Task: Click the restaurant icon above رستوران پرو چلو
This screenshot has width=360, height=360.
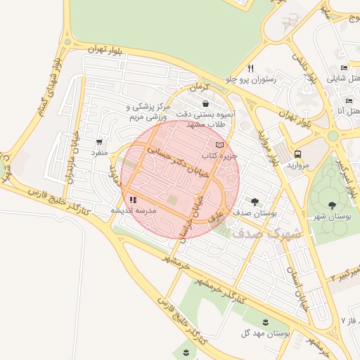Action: [x=250, y=68]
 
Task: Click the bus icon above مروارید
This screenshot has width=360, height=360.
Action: [x=297, y=154]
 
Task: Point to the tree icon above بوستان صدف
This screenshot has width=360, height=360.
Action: [x=255, y=200]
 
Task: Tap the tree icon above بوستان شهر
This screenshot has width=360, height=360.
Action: [x=331, y=205]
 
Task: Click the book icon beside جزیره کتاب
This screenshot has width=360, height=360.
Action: [x=220, y=144]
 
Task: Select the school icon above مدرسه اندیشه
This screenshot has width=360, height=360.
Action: [x=133, y=200]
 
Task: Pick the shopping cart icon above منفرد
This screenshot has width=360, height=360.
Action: [x=98, y=141]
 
